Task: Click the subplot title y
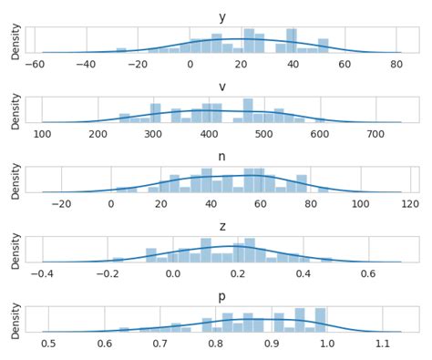click(x=221, y=17)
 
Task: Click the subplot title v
click(x=221, y=87)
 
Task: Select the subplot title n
click(x=221, y=157)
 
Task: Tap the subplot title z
click(x=221, y=226)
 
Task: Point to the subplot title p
click(x=221, y=295)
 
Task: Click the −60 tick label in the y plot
click(x=35, y=64)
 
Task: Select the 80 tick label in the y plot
click(x=396, y=64)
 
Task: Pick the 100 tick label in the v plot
click(x=42, y=134)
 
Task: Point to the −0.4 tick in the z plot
click(x=42, y=273)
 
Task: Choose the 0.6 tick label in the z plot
click(x=368, y=273)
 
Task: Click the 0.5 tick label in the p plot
click(x=48, y=343)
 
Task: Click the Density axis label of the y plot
click(x=15, y=40)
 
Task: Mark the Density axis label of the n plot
click(x=15, y=180)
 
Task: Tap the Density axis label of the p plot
click(x=15, y=319)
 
